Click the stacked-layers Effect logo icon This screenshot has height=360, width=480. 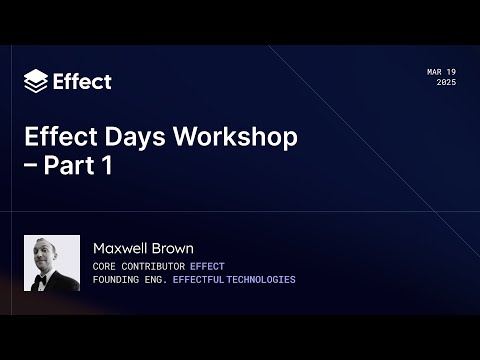(35, 80)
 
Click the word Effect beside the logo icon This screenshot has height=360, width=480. (82, 81)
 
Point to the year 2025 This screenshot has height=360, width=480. (446, 83)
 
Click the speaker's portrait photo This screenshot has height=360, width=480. (52, 263)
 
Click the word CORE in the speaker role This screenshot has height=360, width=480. (104, 266)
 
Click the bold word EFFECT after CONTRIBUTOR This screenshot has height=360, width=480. (209, 266)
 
